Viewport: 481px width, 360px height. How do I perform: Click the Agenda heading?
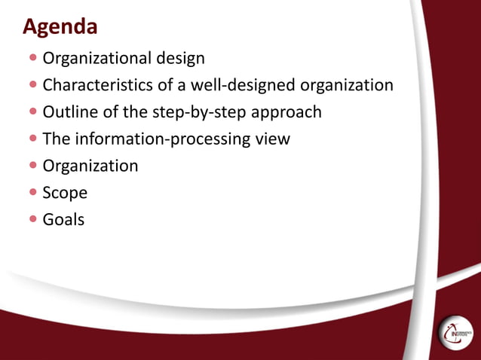point(60,27)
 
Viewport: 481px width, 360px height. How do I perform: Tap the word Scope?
point(65,193)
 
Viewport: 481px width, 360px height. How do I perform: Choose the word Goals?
point(64,219)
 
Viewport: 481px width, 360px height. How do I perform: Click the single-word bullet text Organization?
point(90,166)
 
